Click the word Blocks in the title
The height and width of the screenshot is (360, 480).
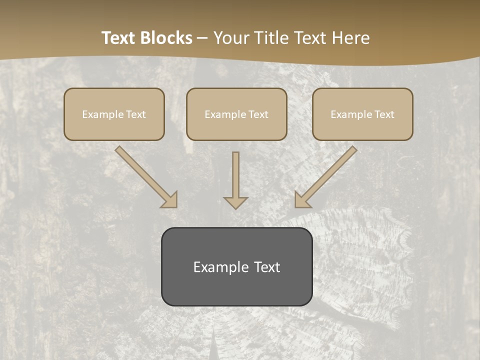point(166,38)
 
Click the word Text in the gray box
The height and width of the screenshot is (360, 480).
point(267,267)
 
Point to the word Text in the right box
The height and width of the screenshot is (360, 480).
point(384,114)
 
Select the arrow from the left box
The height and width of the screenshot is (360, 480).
point(145,176)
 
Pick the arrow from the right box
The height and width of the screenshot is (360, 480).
point(327,176)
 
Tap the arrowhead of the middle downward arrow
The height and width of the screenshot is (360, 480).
point(235,202)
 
